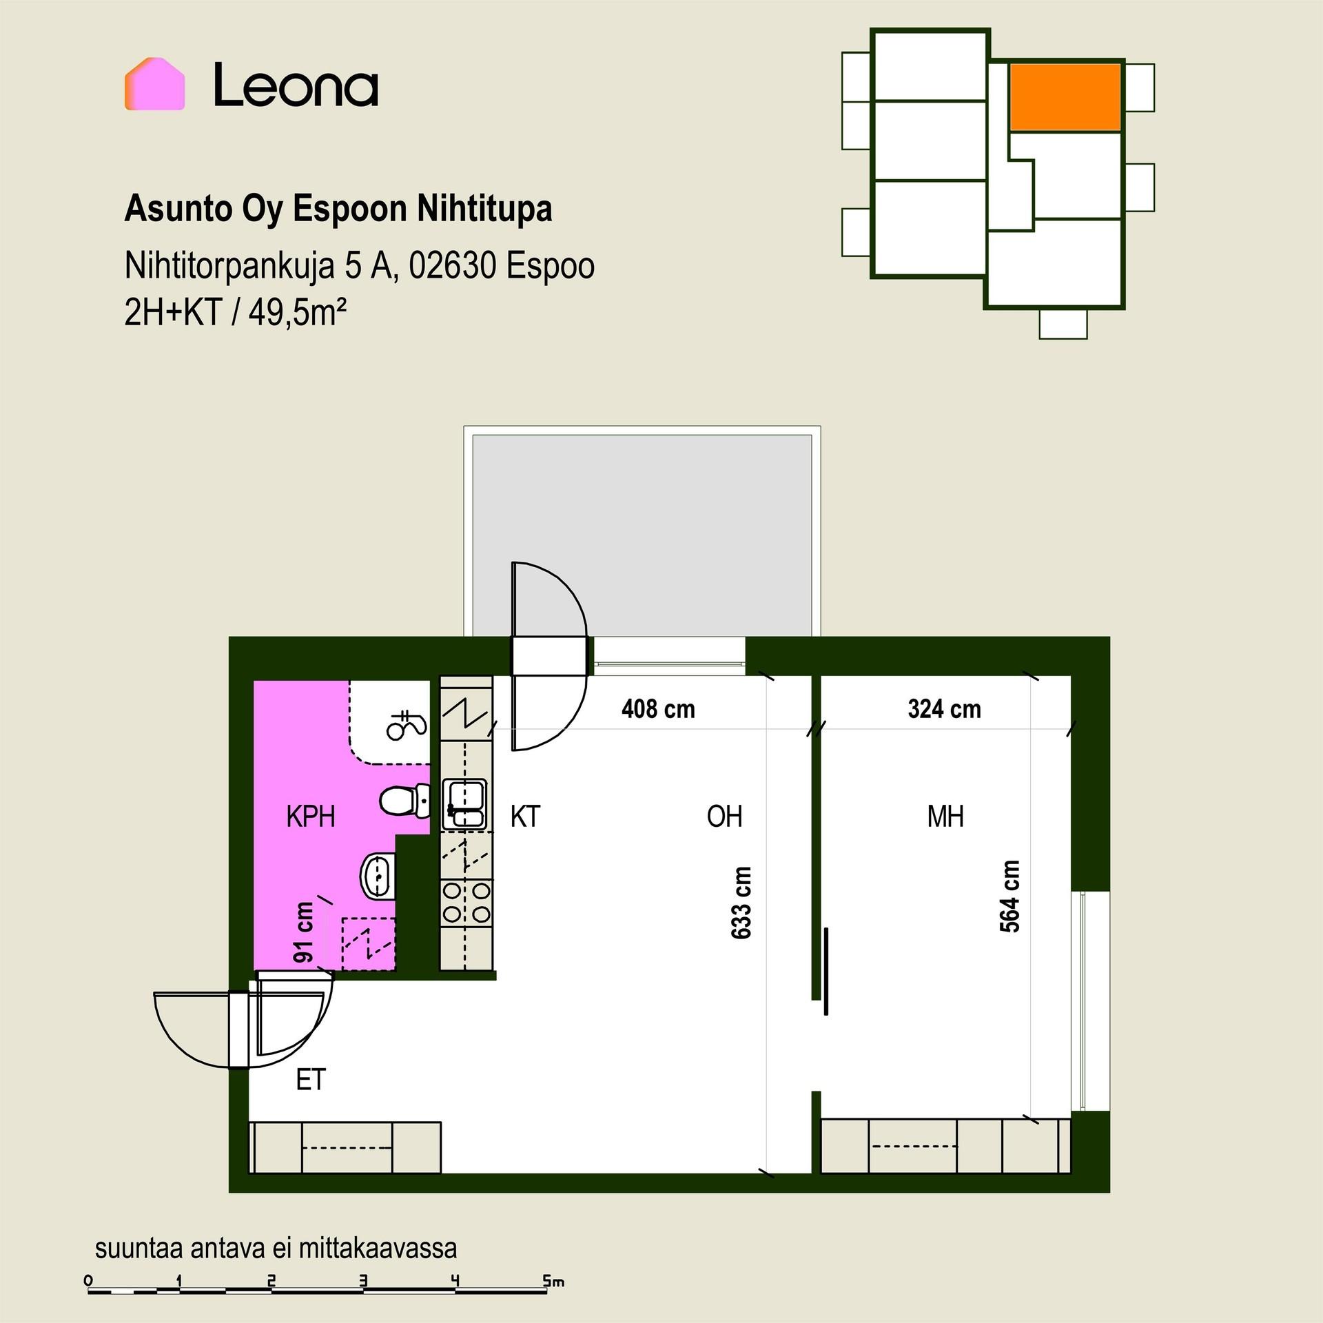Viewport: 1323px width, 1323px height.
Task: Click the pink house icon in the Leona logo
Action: pyautogui.click(x=154, y=84)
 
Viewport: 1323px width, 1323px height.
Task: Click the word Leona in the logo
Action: pyautogui.click(x=296, y=85)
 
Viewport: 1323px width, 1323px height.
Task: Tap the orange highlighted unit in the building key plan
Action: pyautogui.click(x=1065, y=96)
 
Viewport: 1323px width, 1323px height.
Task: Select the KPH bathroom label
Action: pyautogui.click(x=311, y=817)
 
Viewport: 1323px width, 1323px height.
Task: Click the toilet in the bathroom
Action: pyautogui.click(x=405, y=801)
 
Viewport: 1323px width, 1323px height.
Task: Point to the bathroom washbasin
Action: pyautogui.click(x=378, y=876)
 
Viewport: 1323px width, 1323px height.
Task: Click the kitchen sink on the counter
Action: pyautogui.click(x=464, y=804)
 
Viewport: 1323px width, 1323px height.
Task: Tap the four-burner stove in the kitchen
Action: pyautogui.click(x=466, y=903)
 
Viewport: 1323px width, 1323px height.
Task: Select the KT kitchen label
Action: pyautogui.click(x=525, y=817)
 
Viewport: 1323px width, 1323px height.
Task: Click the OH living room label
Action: pyautogui.click(x=724, y=817)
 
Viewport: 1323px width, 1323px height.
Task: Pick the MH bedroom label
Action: pyautogui.click(x=945, y=817)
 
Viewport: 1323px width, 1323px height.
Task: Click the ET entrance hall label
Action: pyautogui.click(x=310, y=1080)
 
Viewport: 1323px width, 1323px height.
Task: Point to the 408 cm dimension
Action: pyautogui.click(x=658, y=709)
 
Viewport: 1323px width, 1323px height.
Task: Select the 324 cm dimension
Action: pyautogui.click(x=944, y=709)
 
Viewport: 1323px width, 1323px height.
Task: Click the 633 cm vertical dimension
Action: pyautogui.click(x=741, y=903)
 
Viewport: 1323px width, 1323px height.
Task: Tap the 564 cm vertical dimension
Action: pyautogui.click(x=1010, y=896)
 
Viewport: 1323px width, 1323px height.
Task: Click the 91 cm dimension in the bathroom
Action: pyautogui.click(x=303, y=932)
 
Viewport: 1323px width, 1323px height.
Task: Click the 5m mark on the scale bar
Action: pyautogui.click(x=553, y=1282)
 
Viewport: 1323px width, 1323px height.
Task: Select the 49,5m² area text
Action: pyautogui.click(x=297, y=313)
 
